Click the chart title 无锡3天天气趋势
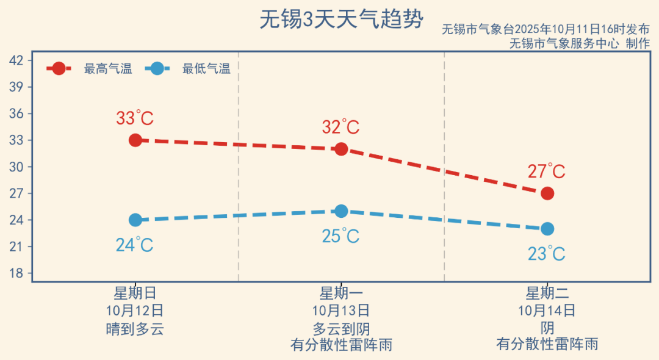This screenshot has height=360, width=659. [341, 20]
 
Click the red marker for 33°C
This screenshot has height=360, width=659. [135, 140]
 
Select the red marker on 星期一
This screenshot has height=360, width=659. [341, 149]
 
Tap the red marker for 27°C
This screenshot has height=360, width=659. [547, 193]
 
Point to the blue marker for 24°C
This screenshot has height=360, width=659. [135, 220]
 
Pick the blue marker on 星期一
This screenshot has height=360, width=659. [341, 211]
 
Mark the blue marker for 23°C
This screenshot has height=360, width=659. [547, 229]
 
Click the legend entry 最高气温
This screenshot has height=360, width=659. [107, 69]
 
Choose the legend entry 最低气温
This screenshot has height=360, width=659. [206, 69]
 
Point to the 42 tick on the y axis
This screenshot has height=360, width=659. [16, 60]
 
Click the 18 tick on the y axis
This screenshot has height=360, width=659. [16, 273]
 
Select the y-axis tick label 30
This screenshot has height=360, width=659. [16, 167]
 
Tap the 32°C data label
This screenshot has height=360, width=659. [340, 128]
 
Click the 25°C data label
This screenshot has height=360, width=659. [340, 236]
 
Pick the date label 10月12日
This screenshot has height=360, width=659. [135, 311]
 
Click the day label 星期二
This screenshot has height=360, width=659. [547, 293]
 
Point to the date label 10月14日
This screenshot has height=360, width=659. [547, 311]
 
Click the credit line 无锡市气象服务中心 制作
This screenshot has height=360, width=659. [579, 43]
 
